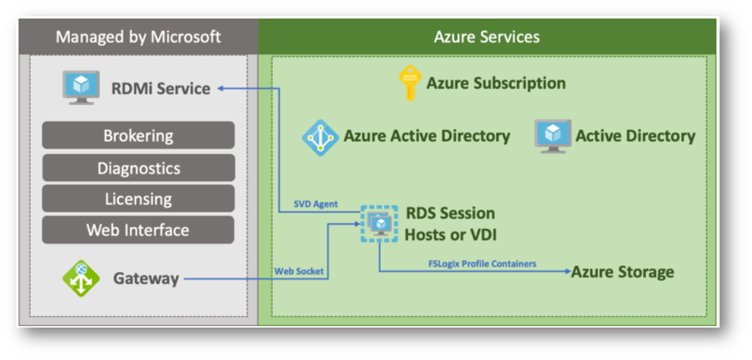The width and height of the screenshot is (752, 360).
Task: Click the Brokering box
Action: pos(138,135)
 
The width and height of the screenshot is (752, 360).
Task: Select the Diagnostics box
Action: pos(138,168)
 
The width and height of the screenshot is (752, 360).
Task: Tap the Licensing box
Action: pos(138,199)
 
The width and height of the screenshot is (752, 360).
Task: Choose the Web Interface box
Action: pos(138,229)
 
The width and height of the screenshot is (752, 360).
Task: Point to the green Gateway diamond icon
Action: pos(81,278)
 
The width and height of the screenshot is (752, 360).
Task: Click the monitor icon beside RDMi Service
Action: pos(81,88)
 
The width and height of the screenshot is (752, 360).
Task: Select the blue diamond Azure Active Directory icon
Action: pos(320,138)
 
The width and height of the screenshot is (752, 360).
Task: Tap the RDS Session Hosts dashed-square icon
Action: pos(379,223)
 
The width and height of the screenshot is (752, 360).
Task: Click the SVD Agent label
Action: pos(315,204)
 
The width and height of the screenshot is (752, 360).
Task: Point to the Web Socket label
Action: pos(299,271)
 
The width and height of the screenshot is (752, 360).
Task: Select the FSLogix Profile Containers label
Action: pos(482,263)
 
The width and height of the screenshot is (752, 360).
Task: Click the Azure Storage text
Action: pos(622,272)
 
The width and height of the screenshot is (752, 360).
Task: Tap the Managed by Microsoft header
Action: pos(138,37)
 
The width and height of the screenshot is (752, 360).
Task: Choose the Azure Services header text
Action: pos(487,37)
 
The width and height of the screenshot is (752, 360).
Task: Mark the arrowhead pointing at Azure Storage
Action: pos(567,272)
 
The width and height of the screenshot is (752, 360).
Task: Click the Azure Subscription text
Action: pos(496,83)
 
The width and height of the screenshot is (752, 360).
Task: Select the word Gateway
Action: pos(146,279)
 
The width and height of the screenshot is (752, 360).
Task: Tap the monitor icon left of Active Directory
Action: pos(553,136)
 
